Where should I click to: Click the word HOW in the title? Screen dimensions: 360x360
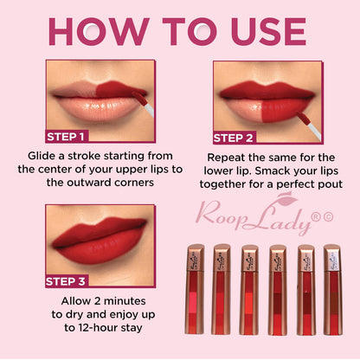pyautogui.click(x=99, y=31)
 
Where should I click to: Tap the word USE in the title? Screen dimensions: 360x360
pyautogui.click(x=268, y=31)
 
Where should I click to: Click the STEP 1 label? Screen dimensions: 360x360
pyautogui.click(x=66, y=137)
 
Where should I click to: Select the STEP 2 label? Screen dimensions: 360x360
pyautogui.click(x=234, y=138)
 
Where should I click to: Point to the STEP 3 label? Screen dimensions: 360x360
pyautogui.click(x=66, y=281)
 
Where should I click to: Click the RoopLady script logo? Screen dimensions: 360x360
pyautogui.click(x=254, y=215)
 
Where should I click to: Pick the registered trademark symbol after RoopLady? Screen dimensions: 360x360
pyautogui.click(x=317, y=217)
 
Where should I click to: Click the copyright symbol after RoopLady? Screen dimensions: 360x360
pyautogui.click(x=328, y=217)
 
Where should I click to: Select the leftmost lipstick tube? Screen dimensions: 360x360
pyautogui.click(x=196, y=289)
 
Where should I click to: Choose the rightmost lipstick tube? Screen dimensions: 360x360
pyautogui.click(x=333, y=290)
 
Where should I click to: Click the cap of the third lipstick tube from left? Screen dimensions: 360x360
pyautogui.click(x=250, y=258)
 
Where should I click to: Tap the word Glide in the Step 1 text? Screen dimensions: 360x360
pyautogui.click(x=42, y=156)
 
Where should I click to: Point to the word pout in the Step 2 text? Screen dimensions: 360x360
pyautogui.click(x=331, y=185)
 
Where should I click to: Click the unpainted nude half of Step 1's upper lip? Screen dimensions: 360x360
pyautogui.click(x=75, y=88)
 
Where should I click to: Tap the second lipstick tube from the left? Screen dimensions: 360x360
pyautogui.click(x=222, y=289)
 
